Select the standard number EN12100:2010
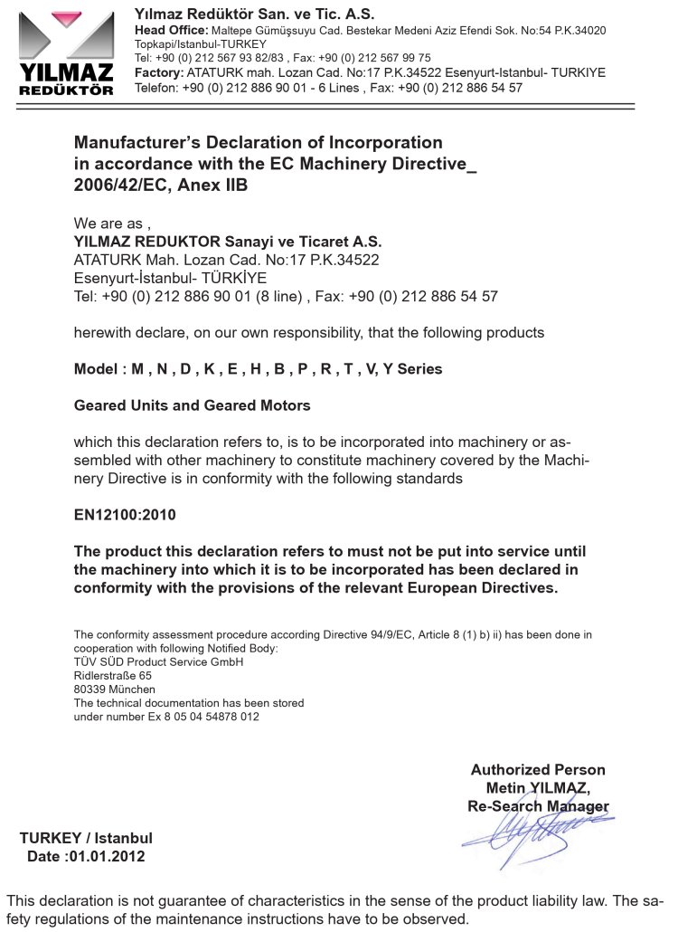pos(125,515)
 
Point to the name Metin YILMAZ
pos(538,787)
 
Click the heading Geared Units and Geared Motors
pos(192,405)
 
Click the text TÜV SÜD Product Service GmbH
pos(158,661)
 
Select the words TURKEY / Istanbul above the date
pos(86,837)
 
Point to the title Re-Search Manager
pos(538,805)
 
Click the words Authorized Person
pos(538,769)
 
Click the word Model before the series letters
pos(96,369)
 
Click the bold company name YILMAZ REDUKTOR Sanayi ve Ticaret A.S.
pos(228,242)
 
